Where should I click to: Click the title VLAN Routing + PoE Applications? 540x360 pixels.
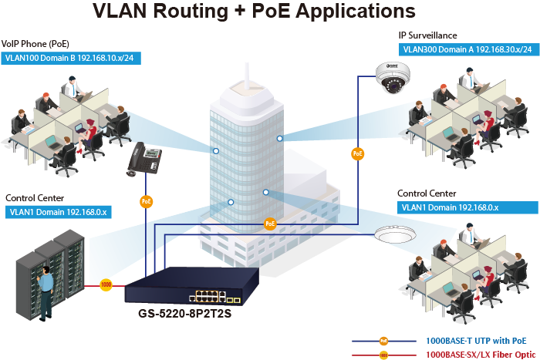coord(254,12)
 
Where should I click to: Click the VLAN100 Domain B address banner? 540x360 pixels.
coord(69,58)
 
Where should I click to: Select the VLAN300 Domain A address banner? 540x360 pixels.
coord(467,49)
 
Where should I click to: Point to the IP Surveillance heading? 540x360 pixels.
coord(427,35)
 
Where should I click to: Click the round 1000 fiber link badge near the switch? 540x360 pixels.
coord(106,284)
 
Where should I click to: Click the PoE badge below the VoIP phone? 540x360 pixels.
coord(146,201)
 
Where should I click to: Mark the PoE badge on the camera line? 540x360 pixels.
coord(357,154)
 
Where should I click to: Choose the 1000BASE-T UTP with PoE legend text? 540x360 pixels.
coord(476,340)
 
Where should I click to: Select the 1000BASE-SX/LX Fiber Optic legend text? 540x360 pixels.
coord(480,354)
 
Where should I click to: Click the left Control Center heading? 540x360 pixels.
coord(35,198)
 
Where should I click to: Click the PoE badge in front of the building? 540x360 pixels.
coord(270,224)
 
